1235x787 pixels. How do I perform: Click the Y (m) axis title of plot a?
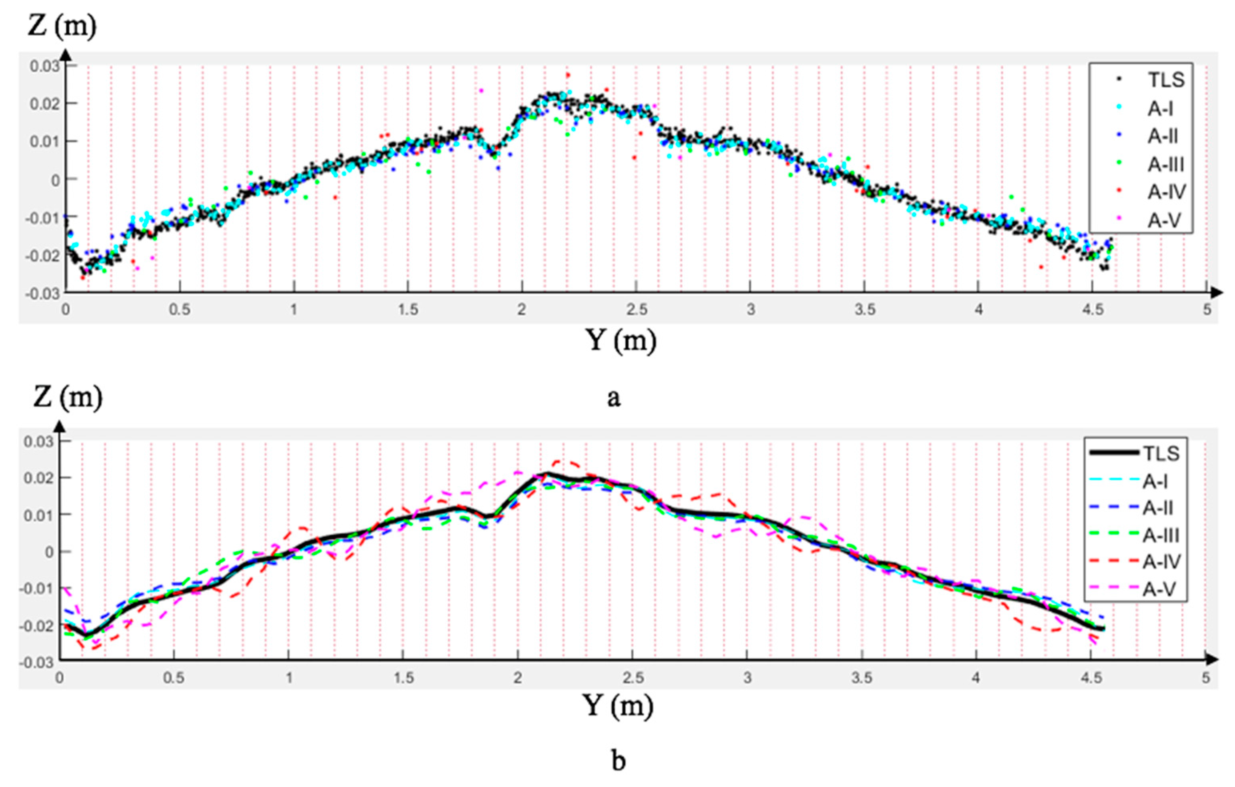[x=621, y=340]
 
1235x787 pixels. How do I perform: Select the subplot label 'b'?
[x=619, y=761]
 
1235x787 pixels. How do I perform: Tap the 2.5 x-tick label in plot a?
[x=637, y=310]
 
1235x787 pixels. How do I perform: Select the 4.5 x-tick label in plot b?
[x=1091, y=678]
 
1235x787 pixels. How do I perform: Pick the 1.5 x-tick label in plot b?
[x=404, y=678]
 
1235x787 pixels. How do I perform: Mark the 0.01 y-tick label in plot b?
[x=38, y=515]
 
